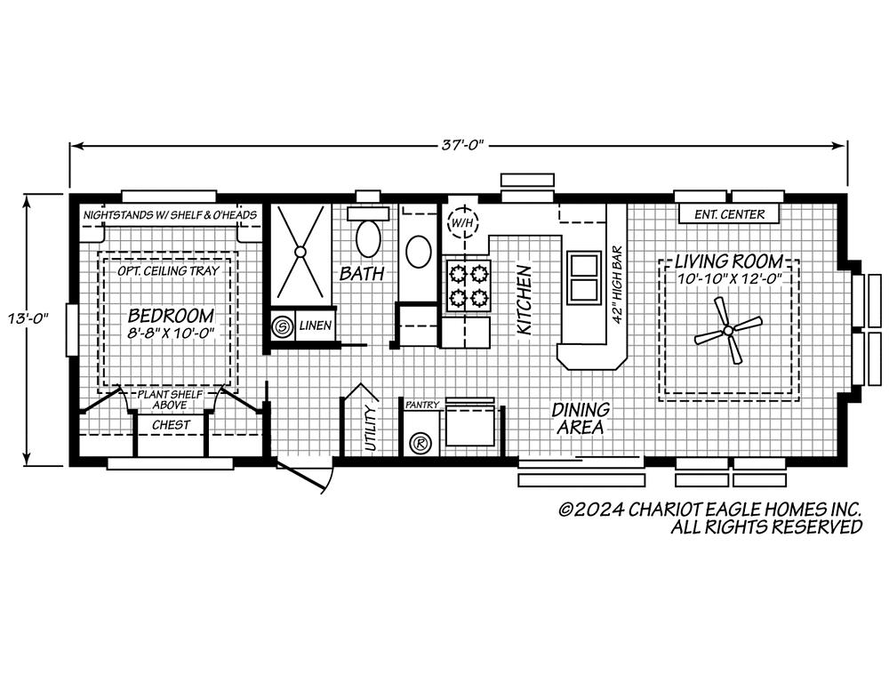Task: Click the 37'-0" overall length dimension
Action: click(x=462, y=145)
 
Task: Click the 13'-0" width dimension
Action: click(x=24, y=318)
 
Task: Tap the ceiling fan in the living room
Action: click(x=728, y=330)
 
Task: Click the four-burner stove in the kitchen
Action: click(x=469, y=285)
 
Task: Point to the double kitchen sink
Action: click(x=583, y=277)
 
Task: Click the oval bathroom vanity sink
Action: click(x=419, y=251)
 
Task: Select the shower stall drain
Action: click(x=300, y=252)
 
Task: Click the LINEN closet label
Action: click(x=316, y=325)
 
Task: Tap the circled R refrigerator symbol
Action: click(x=420, y=443)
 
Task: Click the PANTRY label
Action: click(x=421, y=405)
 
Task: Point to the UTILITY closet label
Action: click(x=370, y=428)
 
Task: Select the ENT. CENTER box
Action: click(x=729, y=213)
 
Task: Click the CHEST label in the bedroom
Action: click(x=172, y=424)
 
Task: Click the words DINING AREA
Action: click(x=581, y=417)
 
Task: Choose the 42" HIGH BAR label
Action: click(x=618, y=285)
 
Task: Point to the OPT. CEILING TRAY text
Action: click(x=168, y=270)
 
